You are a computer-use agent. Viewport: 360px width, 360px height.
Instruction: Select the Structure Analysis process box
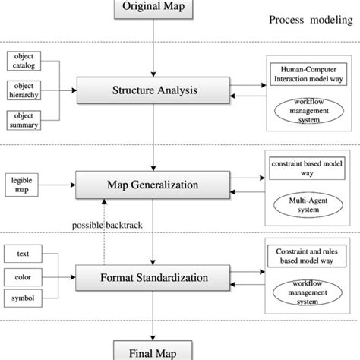click(155, 92)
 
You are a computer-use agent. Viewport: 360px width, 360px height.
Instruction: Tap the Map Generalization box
click(155, 185)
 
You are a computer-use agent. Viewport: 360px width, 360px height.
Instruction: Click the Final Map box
click(154, 351)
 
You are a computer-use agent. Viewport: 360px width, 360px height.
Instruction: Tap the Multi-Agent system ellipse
click(308, 205)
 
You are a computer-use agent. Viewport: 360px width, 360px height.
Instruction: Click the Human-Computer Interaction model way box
click(308, 74)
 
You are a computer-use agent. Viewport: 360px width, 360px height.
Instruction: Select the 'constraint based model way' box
click(308, 168)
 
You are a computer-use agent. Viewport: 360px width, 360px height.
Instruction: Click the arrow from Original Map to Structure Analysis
click(155, 46)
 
